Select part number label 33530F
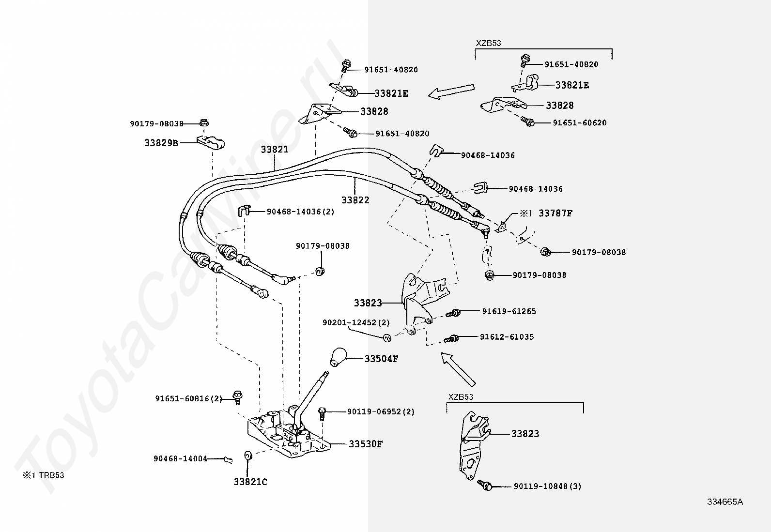[x=366, y=443]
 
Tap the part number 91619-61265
[x=509, y=311]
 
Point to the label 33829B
[x=161, y=143]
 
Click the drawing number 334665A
[x=725, y=502]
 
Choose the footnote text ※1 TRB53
[x=43, y=475]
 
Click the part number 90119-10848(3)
[x=547, y=486]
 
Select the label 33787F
[x=555, y=213]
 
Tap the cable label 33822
[x=355, y=199]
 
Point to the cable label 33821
[x=275, y=150]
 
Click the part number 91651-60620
[x=580, y=123]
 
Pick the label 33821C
[x=250, y=482]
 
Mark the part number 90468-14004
[x=180, y=458]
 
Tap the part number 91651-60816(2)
[x=188, y=399]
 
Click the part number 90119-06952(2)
[x=381, y=412]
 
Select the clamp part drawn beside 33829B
[x=213, y=143]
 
